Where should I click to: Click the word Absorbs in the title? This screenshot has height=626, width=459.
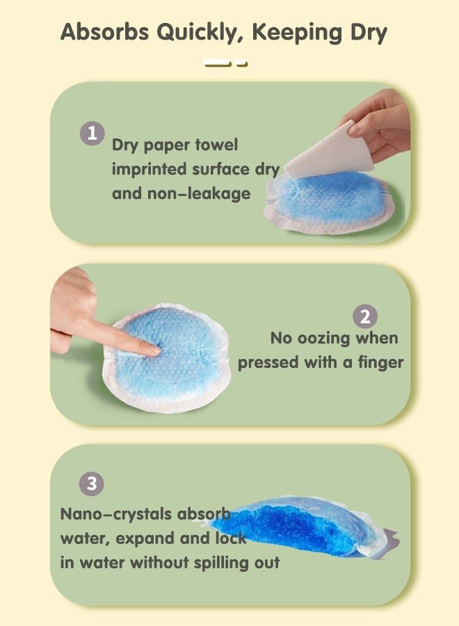pyautogui.click(x=104, y=32)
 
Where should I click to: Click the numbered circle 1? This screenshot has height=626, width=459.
pyautogui.click(x=92, y=134)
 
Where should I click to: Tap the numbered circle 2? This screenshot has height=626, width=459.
pyautogui.click(x=365, y=316)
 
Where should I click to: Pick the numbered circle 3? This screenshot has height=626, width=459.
pyautogui.click(x=92, y=483)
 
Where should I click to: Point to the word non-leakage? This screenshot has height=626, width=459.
pyautogui.click(x=199, y=194)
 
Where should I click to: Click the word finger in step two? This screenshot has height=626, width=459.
pyautogui.click(x=380, y=363)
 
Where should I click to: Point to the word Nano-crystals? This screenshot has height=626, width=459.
pyautogui.click(x=115, y=515)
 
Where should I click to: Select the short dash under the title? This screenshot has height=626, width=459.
pyautogui.click(x=242, y=63)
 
